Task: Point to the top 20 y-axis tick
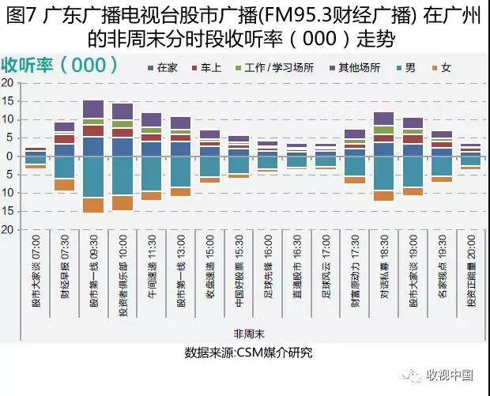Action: point(7,82)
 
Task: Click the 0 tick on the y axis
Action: point(9,156)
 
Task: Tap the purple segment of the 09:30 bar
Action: point(93,109)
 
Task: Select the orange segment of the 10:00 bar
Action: point(122,203)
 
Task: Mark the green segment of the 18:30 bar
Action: point(383,130)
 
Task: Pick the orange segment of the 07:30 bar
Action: point(65,184)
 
